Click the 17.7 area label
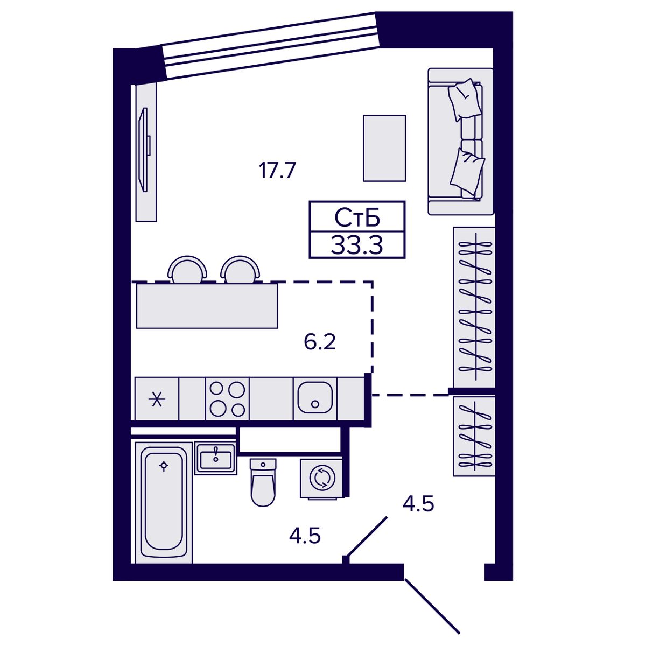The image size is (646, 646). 277,170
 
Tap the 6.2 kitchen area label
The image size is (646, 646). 319,342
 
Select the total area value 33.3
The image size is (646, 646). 357,245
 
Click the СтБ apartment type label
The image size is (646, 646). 357,217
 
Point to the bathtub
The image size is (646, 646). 164,502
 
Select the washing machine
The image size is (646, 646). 322,479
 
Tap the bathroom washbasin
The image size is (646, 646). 216,459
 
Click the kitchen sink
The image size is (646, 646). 315,398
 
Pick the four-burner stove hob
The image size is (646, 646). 227,398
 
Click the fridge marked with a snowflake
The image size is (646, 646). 157,398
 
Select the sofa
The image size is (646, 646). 461,142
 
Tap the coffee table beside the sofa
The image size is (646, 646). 384,148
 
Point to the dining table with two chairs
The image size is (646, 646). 207,306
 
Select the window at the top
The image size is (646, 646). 273,46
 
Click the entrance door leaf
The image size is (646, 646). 432,606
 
